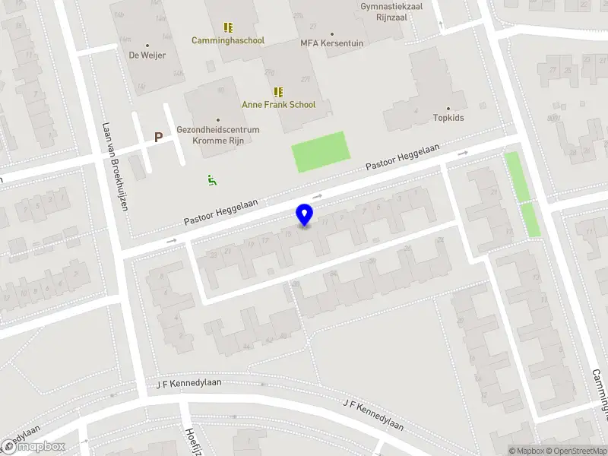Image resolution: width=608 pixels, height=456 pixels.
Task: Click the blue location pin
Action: coord(305,215)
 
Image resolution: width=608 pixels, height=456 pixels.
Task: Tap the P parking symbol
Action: coord(158,138)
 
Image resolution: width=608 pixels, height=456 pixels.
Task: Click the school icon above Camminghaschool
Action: coord(228,27)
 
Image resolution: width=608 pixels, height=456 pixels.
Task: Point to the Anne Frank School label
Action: coord(278,105)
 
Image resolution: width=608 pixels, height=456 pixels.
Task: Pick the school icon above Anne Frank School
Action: coord(278,92)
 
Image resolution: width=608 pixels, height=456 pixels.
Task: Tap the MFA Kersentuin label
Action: coord(332,43)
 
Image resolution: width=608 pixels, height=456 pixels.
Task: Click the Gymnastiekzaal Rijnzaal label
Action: coord(391,11)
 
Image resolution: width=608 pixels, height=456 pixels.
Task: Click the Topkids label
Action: coord(448,118)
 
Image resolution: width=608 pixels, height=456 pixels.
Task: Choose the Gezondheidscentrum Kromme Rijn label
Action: coord(218,135)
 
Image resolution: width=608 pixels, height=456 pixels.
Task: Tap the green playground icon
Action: coord(212,180)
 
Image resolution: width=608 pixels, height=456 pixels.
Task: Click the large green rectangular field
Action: coord(321,151)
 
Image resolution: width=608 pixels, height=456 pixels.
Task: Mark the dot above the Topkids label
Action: coord(448,109)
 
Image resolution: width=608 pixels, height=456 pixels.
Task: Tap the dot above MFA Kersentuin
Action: coord(332,34)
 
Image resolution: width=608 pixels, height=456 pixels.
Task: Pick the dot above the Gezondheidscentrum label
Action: coord(218,120)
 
